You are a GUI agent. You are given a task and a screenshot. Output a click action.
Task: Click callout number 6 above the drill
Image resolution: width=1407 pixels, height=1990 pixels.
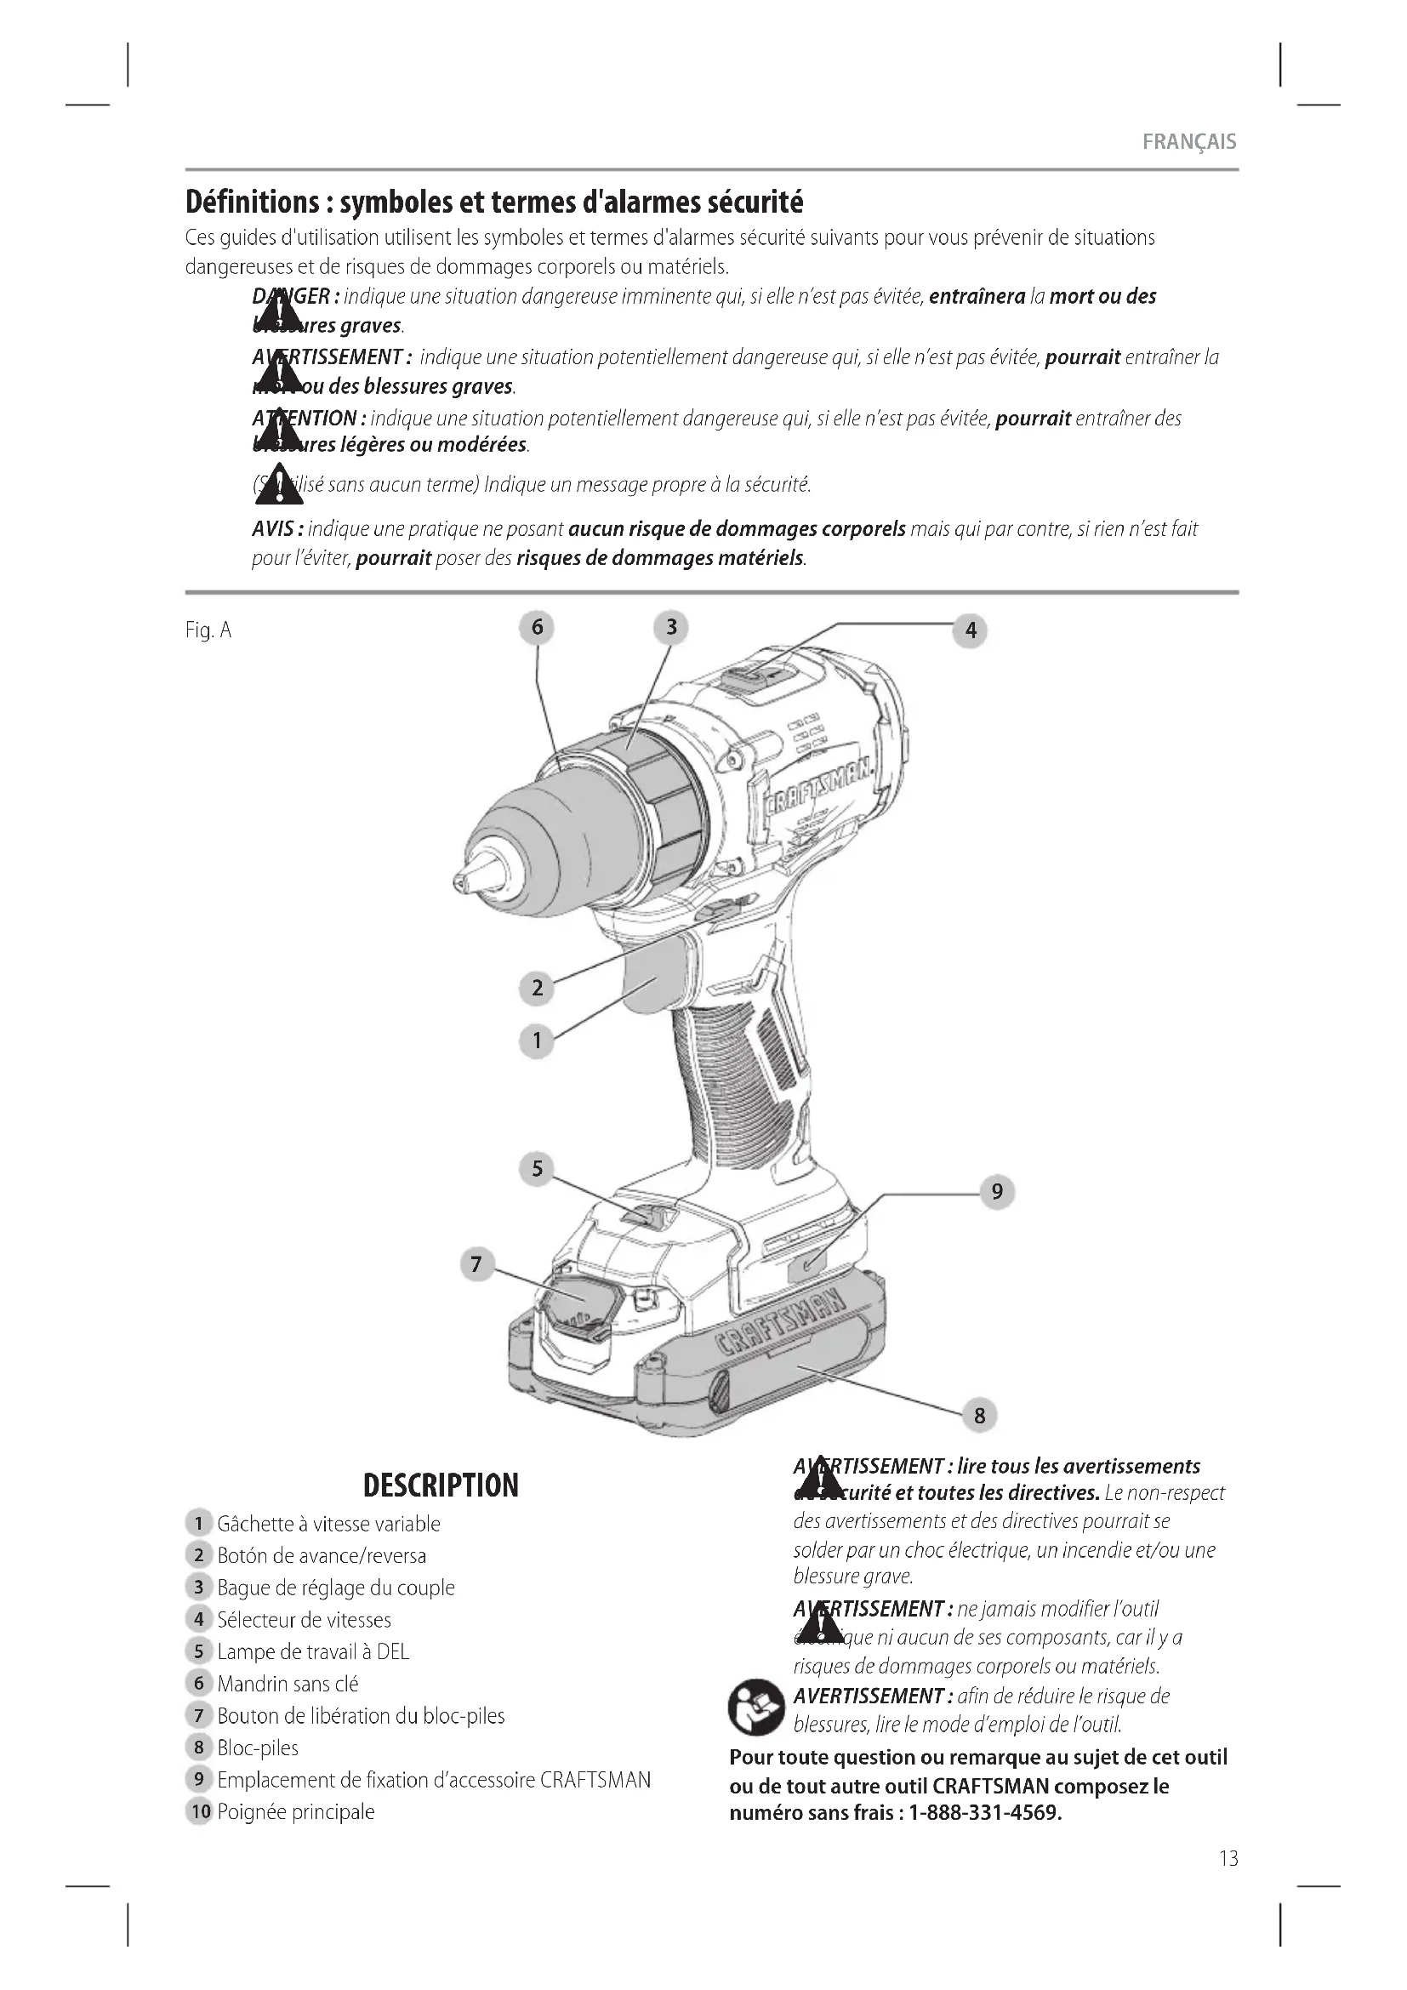536,627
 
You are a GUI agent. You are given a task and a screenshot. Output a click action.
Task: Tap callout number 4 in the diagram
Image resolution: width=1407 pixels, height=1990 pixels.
971,630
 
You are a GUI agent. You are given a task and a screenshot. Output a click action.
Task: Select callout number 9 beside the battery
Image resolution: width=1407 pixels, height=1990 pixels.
996,1192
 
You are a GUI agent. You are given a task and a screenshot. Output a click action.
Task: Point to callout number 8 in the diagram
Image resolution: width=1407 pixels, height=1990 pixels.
979,1416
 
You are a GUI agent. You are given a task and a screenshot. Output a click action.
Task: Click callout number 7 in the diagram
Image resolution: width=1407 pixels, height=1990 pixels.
476,1264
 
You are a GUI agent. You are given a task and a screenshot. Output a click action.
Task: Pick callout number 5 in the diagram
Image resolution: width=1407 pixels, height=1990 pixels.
536,1168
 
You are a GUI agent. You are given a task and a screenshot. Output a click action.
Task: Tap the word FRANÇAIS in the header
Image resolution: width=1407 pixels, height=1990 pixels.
1188,142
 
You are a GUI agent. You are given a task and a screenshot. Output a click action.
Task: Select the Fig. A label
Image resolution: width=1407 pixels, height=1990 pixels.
208,630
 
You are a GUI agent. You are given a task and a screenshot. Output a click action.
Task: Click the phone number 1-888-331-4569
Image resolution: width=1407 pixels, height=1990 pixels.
984,1813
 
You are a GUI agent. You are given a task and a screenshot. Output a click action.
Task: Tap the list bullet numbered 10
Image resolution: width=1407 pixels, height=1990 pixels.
200,1811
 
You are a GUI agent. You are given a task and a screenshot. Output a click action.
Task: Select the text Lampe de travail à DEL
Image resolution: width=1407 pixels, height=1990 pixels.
313,1651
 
